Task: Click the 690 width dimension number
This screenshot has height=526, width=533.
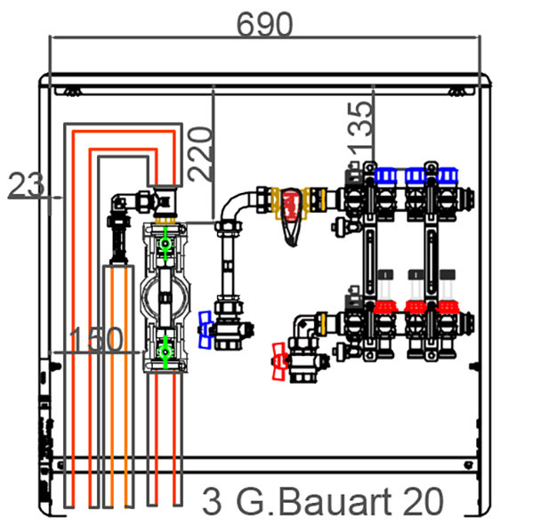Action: pyautogui.click(x=264, y=24)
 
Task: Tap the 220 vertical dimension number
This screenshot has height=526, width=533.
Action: pyautogui.click(x=200, y=153)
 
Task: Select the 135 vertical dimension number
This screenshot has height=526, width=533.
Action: pyautogui.click(x=359, y=129)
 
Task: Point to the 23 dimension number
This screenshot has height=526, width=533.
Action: pyautogui.click(x=26, y=185)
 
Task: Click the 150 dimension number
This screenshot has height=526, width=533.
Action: pyautogui.click(x=95, y=339)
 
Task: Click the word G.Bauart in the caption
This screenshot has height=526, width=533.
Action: pyautogui.click(x=311, y=502)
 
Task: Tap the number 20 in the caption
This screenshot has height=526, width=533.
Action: pyautogui.click(x=424, y=501)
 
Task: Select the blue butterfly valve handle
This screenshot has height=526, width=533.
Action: pyautogui.click(x=205, y=329)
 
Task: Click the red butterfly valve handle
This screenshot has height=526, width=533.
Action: pyautogui.click(x=279, y=361)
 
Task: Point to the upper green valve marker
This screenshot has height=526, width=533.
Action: pyautogui.click(x=166, y=244)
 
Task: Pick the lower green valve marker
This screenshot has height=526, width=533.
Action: pyautogui.click(x=166, y=352)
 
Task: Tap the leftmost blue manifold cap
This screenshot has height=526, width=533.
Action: pyautogui.click(x=385, y=175)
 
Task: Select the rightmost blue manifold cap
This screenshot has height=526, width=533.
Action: pyautogui.click(x=448, y=175)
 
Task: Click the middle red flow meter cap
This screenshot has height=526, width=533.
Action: pyautogui.click(x=416, y=307)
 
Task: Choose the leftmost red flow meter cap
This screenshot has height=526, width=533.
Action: pyautogui.click(x=385, y=307)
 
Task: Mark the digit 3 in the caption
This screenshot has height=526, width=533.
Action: pyautogui.click(x=212, y=502)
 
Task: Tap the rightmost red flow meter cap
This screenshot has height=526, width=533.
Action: pyautogui.click(x=448, y=307)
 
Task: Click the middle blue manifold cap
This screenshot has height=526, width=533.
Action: pyautogui.click(x=416, y=175)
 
